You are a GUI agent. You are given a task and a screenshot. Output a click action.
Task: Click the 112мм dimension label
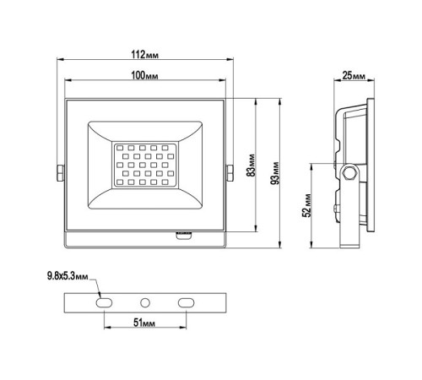click(145, 55)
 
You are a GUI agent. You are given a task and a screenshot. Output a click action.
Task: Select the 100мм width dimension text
click(144, 75)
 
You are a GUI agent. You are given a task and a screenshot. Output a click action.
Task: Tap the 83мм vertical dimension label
click(251, 166)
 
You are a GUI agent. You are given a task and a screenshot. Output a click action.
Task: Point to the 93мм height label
click(275, 173)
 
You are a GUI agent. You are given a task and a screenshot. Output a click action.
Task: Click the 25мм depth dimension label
click(354, 75)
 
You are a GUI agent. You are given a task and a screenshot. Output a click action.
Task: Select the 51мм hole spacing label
click(144, 323)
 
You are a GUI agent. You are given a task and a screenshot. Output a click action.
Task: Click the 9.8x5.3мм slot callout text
click(68, 276)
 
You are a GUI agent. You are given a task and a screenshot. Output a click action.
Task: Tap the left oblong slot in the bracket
click(104, 303)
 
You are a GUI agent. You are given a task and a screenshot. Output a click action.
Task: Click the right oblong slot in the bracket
click(186, 303)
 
